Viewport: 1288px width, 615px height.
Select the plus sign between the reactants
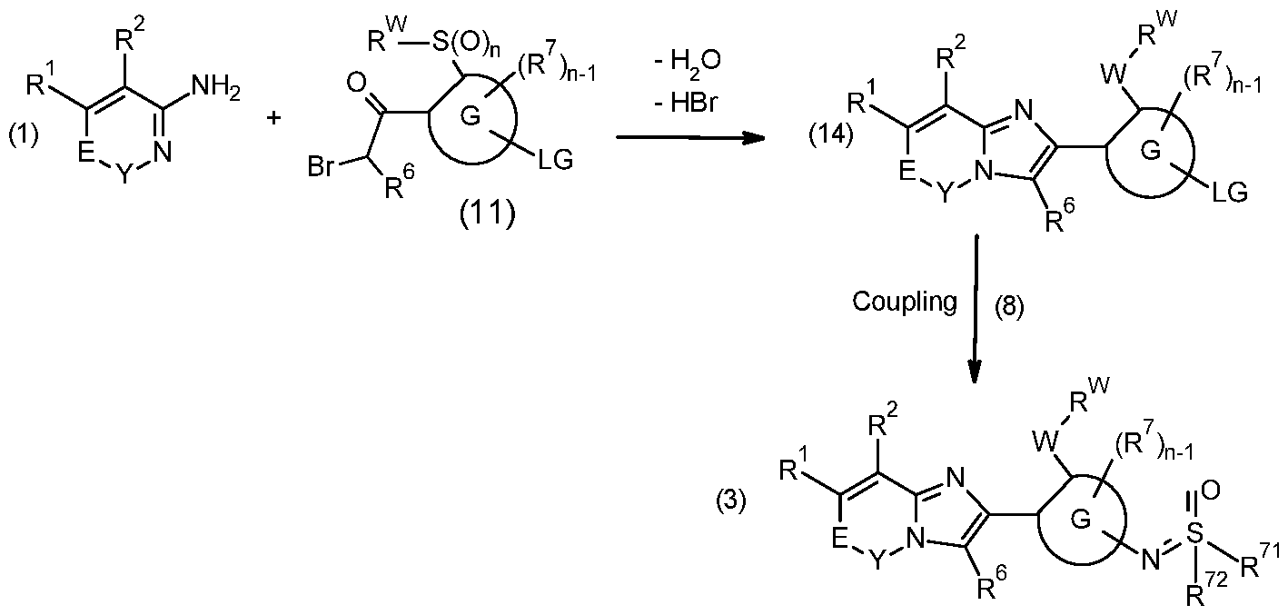click(x=274, y=118)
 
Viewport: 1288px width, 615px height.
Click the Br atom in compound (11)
click(x=321, y=166)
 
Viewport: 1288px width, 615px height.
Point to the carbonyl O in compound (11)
click(x=357, y=84)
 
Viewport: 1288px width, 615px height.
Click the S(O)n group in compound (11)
click(x=465, y=43)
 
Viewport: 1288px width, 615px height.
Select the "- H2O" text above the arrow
click(x=688, y=61)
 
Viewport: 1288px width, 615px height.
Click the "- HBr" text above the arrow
click(x=687, y=104)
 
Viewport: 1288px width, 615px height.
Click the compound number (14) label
click(x=831, y=136)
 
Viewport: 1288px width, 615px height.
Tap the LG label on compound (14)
click(x=1231, y=193)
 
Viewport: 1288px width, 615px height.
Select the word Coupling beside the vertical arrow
click(x=905, y=302)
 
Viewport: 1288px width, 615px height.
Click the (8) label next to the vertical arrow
click(x=1010, y=308)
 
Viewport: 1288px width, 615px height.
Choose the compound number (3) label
click(x=731, y=501)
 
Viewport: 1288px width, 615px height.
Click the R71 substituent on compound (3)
click(x=1259, y=560)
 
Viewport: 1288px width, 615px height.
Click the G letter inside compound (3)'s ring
click(x=1081, y=521)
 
